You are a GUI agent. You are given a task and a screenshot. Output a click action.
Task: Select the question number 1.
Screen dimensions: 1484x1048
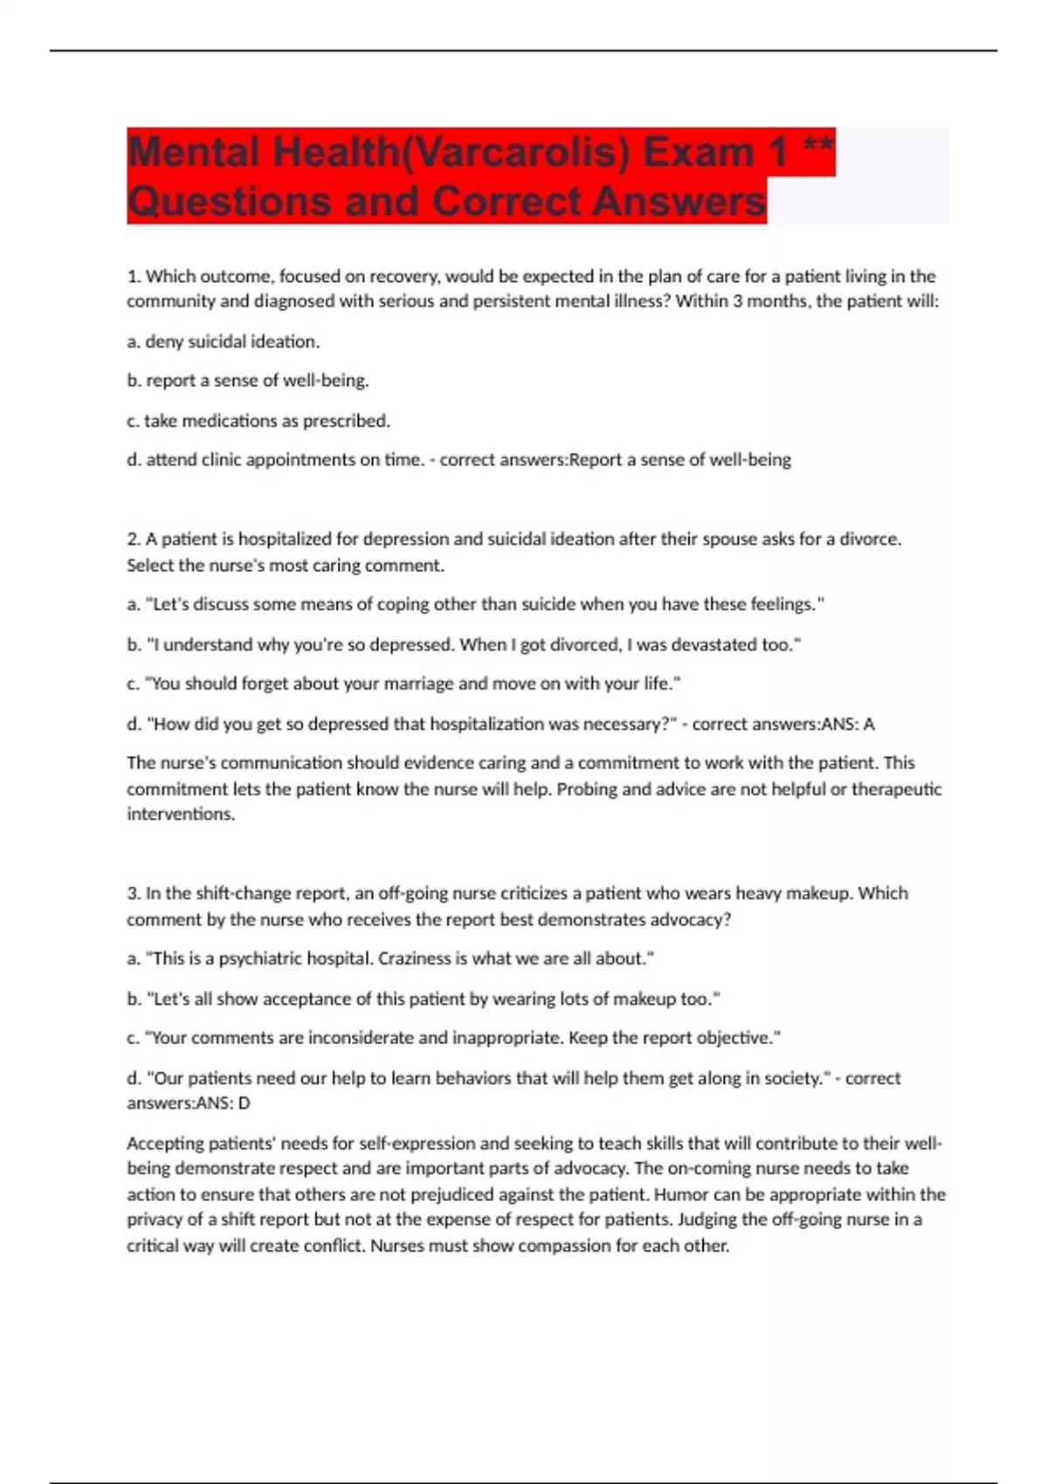point(134,277)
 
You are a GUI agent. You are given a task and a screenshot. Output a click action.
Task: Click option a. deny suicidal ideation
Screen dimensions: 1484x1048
point(224,341)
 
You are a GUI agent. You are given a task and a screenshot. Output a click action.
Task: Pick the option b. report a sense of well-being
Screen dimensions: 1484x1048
point(248,381)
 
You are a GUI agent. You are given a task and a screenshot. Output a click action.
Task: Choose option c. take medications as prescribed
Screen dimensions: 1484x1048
point(259,421)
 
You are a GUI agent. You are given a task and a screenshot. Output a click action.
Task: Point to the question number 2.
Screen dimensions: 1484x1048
point(134,539)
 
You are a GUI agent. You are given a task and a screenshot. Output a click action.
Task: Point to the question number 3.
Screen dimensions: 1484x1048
point(134,894)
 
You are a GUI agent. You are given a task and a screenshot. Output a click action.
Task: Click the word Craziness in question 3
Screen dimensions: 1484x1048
point(415,958)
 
